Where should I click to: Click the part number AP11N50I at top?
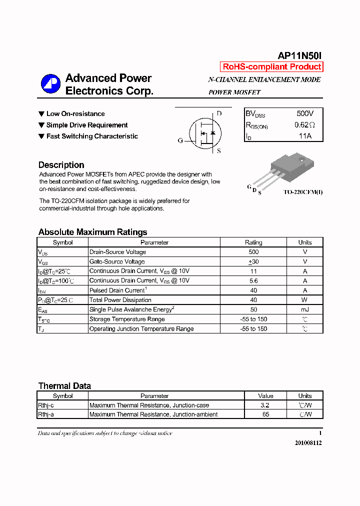coord(299,56)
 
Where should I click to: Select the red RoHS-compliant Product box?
coord(271,67)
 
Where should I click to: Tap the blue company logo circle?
coord(50,84)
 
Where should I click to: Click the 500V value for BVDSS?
coord(305,114)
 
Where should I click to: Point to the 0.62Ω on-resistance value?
coord(304,125)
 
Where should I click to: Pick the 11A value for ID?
coord(305,136)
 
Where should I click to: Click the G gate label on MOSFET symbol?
coord(180,140)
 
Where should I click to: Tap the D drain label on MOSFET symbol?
coord(219,113)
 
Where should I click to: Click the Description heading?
coord(61,165)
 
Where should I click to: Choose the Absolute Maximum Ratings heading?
coord(92,232)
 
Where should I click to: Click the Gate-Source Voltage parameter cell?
coord(117,261)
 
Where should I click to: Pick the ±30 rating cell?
coord(253,261)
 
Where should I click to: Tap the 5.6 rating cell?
coord(253,281)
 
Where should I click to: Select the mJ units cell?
coord(304,309)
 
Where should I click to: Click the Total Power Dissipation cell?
coord(120,300)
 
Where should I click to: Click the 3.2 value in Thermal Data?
coord(265,405)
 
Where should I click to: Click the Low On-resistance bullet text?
coord(75,114)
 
